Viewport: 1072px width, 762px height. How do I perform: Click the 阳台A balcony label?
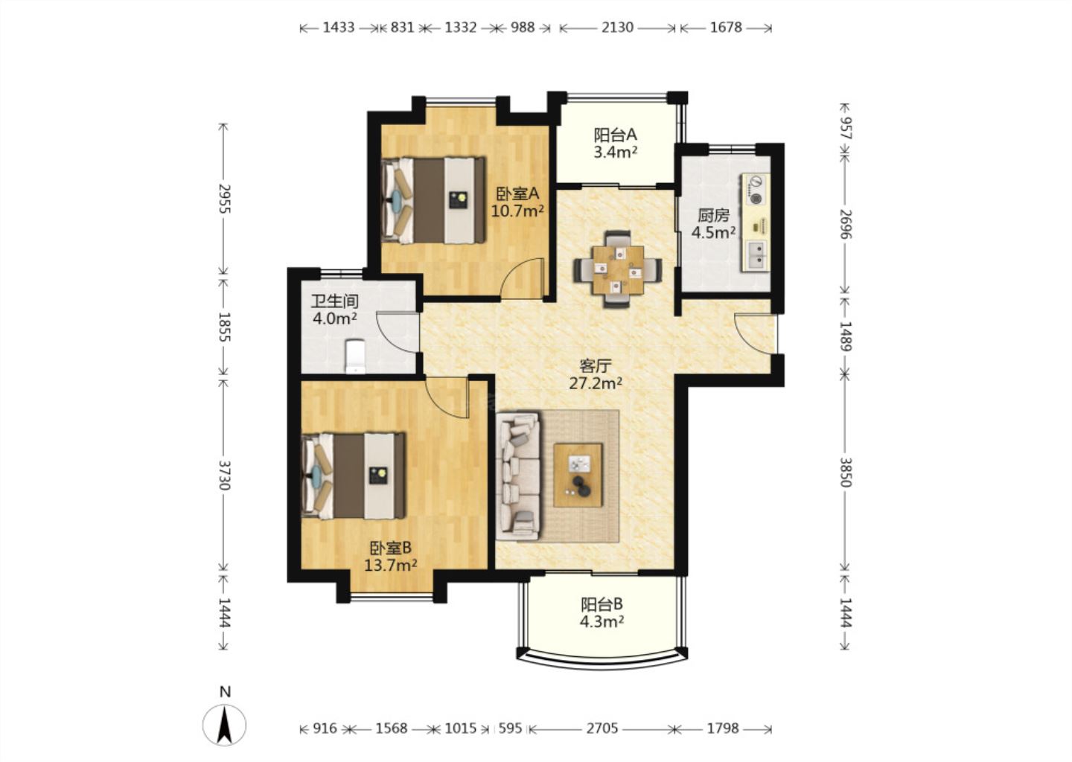(x=615, y=135)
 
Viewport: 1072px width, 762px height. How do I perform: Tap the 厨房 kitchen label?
(x=713, y=216)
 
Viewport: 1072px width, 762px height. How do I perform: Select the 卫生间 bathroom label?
(x=334, y=301)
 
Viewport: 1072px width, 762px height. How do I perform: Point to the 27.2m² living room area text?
(x=596, y=383)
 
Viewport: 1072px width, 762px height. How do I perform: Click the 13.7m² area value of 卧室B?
(x=391, y=566)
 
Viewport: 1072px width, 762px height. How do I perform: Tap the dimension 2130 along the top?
(x=617, y=28)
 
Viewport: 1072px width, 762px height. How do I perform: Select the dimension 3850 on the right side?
(x=846, y=472)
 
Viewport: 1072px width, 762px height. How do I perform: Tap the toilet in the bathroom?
(x=355, y=356)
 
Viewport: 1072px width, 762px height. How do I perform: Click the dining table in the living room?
(x=618, y=269)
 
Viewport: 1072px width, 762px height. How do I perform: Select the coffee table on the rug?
(x=578, y=475)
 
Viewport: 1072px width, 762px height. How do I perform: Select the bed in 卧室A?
(x=433, y=200)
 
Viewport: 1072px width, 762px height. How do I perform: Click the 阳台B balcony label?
(x=602, y=605)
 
